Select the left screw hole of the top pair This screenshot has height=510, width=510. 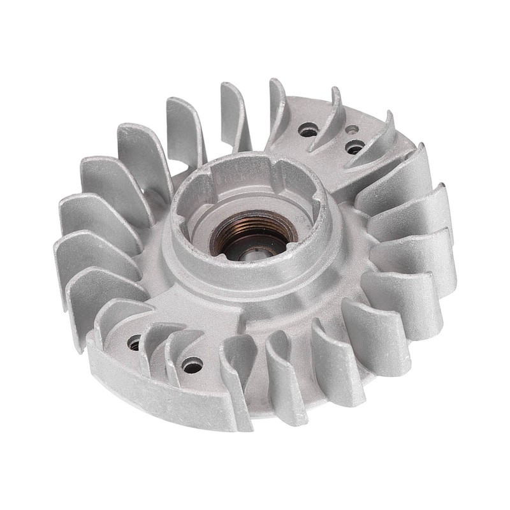tap(309, 131)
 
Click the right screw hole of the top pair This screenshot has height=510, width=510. tap(354, 148)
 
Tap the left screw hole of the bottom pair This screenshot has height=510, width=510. tap(135, 343)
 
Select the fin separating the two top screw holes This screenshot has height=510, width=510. tap(331, 121)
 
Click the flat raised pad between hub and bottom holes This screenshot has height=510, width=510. tap(191, 306)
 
